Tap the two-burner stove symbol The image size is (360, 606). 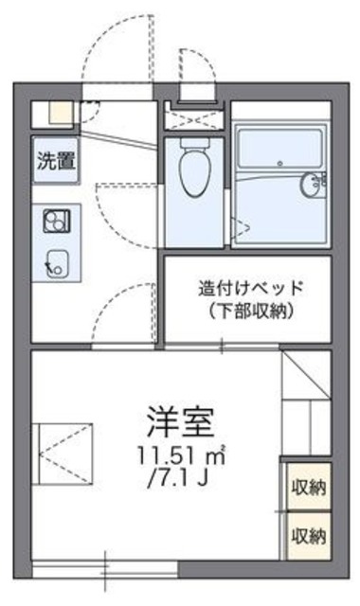click(55, 220)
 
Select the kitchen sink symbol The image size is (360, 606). click(55, 260)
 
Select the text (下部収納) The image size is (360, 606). click(249, 312)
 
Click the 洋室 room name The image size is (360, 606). click(181, 418)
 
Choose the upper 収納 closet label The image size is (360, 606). click(308, 490)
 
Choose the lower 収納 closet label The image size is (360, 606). click(308, 535)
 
